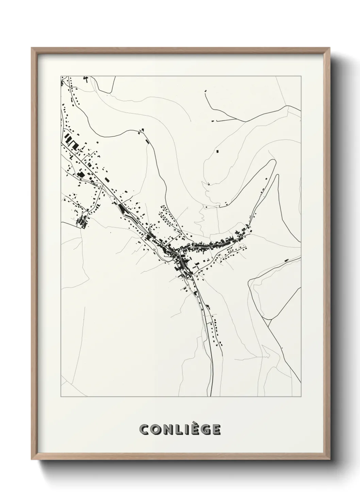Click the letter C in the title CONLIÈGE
tap(145, 430)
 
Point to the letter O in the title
tap(156, 430)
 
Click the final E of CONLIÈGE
tap(216, 430)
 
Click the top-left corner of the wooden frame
tap(32, 48)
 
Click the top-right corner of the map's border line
tap(301, 76)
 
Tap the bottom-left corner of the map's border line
tap(61, 397)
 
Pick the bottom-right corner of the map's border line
tap(301, 397)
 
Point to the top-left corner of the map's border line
tap(61, 76)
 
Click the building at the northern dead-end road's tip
tap(206, 91)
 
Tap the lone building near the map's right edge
tap(287, 260)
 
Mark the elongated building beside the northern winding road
tap(147, 141)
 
